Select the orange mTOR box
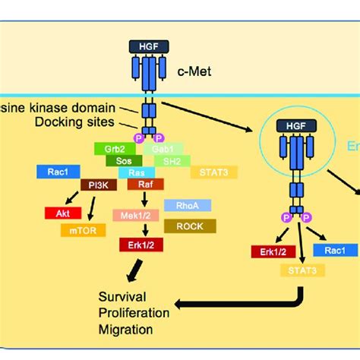pos(81,227)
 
